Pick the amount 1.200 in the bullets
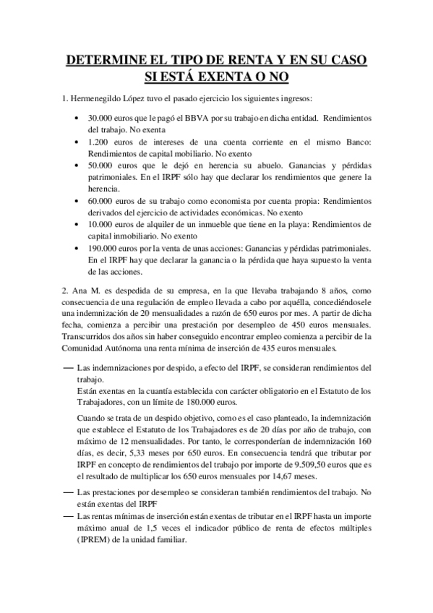[x=99, y=142]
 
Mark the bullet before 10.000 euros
[x=77, y=226]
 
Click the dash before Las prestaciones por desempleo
[x=69, y=492]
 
